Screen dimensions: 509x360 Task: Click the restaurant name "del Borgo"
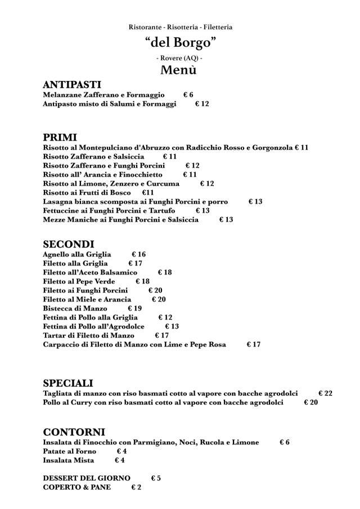(180, 43)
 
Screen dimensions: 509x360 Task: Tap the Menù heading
(179, 70)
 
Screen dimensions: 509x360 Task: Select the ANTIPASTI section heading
(72, 85)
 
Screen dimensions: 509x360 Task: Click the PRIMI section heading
(60, 137)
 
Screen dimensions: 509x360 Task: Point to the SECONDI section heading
(69, 245)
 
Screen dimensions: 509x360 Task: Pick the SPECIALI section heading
(68, 384)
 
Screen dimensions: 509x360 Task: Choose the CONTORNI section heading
(74, 432)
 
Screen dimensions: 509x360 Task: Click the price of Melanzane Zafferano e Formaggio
(188, 95)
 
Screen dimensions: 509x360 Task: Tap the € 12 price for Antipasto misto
(202, 104)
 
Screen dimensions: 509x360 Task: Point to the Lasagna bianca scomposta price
(255, 201)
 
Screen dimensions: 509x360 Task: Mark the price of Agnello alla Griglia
(138, 254)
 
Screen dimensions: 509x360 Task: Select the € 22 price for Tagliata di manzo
(325, 394)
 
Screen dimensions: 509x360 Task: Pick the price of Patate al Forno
(121, 451)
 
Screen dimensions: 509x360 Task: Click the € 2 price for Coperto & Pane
(136, 487)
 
